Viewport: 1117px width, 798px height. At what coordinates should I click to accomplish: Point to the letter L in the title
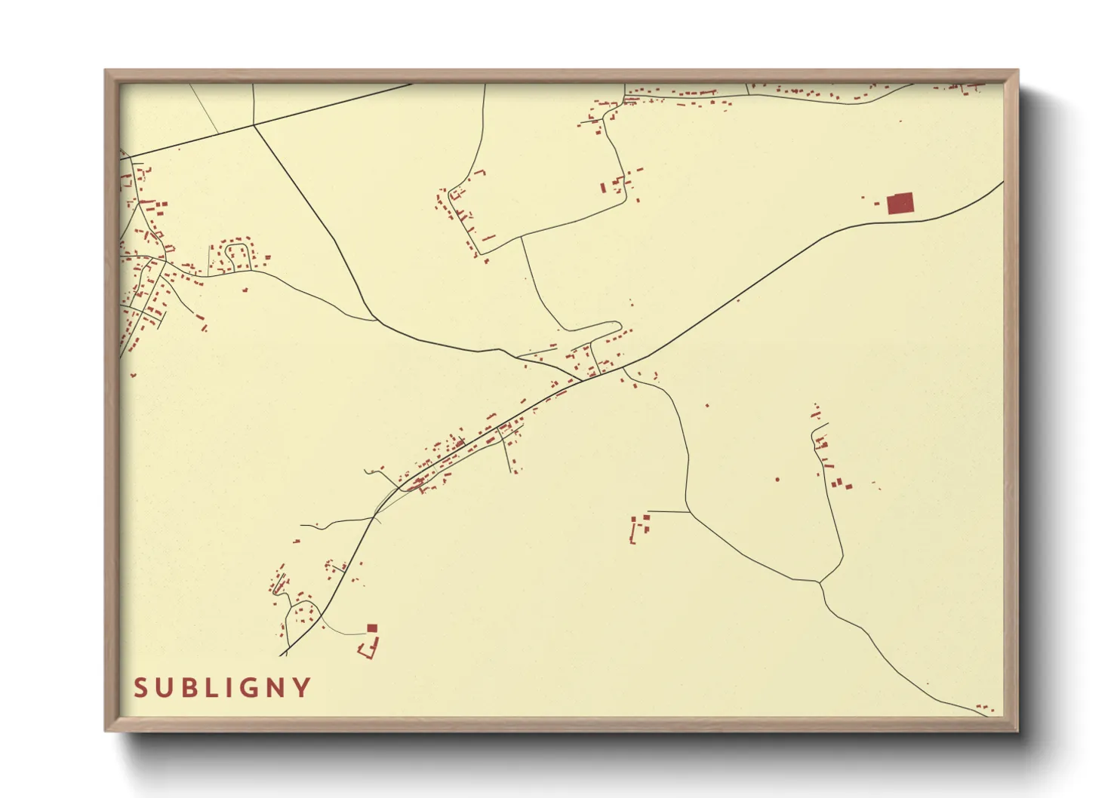pos(212,688)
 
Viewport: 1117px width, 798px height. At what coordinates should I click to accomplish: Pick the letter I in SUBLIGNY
pos(230,688)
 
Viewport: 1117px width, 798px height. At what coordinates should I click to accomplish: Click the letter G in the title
pos(251,688)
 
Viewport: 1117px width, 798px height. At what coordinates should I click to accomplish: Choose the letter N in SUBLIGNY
pos(277,688)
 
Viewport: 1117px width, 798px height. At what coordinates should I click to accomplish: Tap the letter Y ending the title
pos(303,688)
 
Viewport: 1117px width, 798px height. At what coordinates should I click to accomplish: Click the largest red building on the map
pos(900,204)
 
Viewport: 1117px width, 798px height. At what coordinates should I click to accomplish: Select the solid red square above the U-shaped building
pos(371,628)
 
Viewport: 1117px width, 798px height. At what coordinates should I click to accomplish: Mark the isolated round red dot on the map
pos(777,479)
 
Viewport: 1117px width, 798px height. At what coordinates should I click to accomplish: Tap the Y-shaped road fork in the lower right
pos(820,582)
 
